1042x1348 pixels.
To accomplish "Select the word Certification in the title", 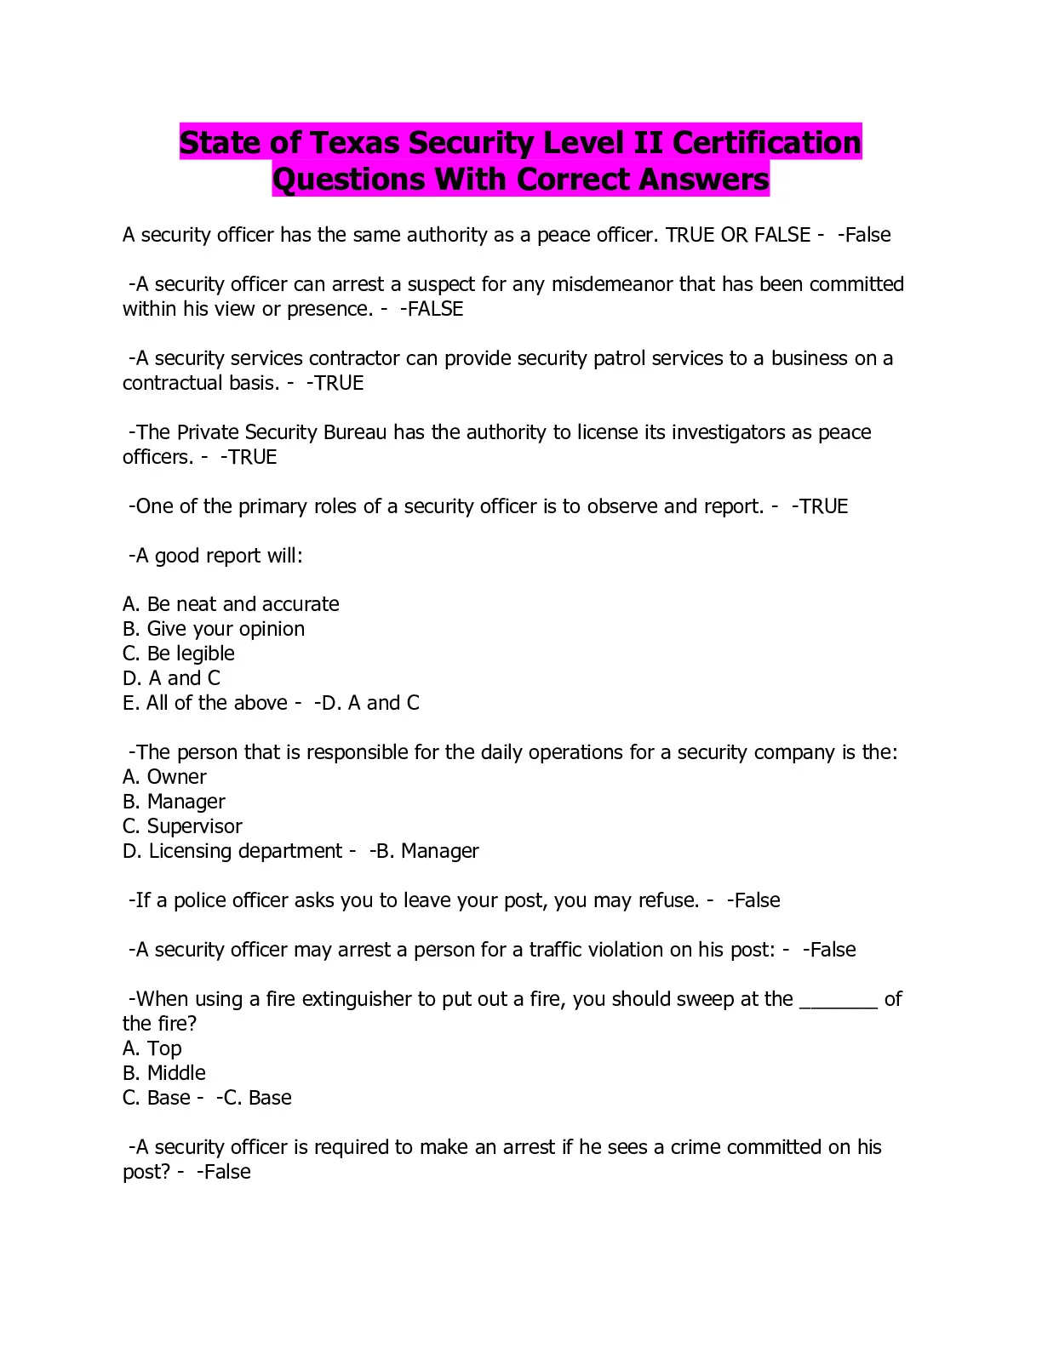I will [x=767, y=143].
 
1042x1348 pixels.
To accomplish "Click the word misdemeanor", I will [x=612, y=284].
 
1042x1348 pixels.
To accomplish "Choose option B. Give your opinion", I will [x=214, y=629].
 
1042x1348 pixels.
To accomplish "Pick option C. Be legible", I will [x=179, y=654].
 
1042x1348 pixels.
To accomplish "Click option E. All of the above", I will [x=205, y=703].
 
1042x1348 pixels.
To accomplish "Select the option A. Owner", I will [x=164, y=777].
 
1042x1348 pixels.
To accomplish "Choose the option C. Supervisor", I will [x=182, y=826].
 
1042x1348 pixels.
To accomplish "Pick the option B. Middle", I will [x=164, y=1073].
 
